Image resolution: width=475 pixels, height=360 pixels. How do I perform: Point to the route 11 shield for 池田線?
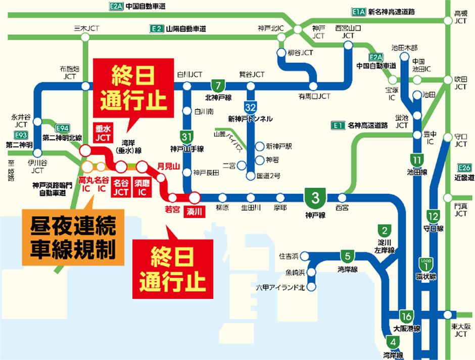[x=417, y=160]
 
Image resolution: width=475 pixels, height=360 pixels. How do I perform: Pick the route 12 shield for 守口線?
[x=433, y=217]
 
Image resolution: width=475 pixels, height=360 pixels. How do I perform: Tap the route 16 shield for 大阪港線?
[x=405, y=317]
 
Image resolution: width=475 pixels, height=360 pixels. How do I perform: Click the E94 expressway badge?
[x=62, y=127]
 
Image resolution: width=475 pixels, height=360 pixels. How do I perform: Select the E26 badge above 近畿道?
[x=464, y=167]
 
